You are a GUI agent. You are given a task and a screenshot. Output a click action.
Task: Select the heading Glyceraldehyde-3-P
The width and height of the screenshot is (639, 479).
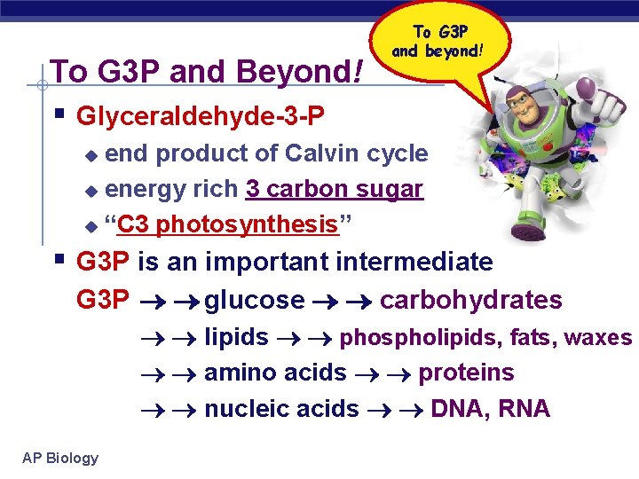[x=201, y=116]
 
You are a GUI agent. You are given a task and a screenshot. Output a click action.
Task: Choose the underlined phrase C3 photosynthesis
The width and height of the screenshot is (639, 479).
[x=228, y=224]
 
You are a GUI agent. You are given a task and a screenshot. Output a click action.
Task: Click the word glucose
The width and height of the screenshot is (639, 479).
[x=255, y=300]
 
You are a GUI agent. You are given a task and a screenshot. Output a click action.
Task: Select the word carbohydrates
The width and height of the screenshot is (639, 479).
[x=470, y=300]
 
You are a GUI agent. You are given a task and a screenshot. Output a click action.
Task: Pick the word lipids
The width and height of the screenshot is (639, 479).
[x=236, y=337]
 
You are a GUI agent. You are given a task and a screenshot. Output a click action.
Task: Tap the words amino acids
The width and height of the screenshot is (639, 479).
[x=275, y=373]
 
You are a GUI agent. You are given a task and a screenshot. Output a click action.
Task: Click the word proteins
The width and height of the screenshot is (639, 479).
[x=466, y=373]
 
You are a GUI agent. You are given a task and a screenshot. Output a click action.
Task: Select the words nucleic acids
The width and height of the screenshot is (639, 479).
[x=281, y=409]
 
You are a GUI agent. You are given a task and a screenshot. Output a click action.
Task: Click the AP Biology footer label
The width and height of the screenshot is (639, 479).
[x=60, y=458]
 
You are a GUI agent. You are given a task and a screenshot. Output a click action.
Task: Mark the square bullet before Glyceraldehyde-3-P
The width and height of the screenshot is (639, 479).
[x=59, y=114]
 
